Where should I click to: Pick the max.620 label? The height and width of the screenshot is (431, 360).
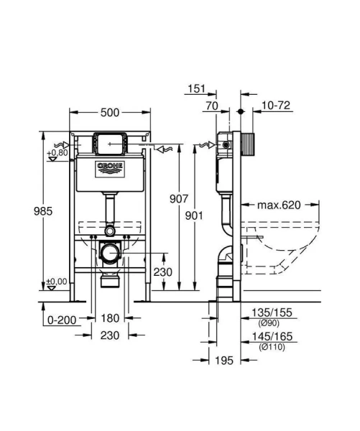point(278,205)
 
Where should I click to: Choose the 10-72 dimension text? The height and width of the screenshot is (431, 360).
point(277,106)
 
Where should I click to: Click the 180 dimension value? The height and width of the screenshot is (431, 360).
point(109,319)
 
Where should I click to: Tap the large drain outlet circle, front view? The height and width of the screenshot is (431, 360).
point(109,254)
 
